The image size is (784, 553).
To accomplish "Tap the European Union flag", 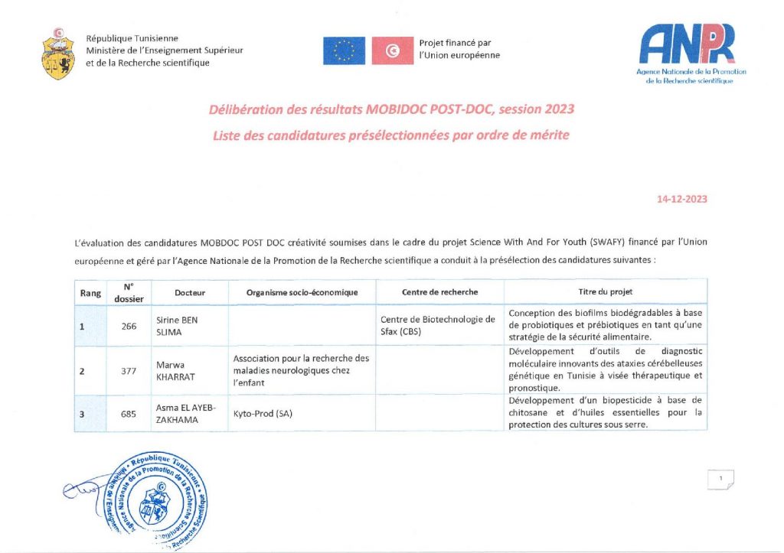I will click(x=344, y=50).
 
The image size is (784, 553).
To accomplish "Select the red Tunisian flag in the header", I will click(x=393, y=50).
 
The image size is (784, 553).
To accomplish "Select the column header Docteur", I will click(x=190, y=292).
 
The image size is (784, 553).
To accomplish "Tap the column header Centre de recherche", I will click(x=439, y=292).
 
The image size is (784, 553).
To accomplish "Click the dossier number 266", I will click(x=129, y=326).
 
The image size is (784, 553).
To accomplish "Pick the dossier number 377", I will click(x=129, y=371).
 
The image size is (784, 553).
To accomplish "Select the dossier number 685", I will click(x=129, y=414).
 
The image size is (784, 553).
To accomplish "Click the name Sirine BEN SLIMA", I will click(x=177, y=326).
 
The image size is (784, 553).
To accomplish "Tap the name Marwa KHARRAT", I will click(x=177, y=371).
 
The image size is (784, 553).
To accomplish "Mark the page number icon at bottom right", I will click(x=720, y=480).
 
